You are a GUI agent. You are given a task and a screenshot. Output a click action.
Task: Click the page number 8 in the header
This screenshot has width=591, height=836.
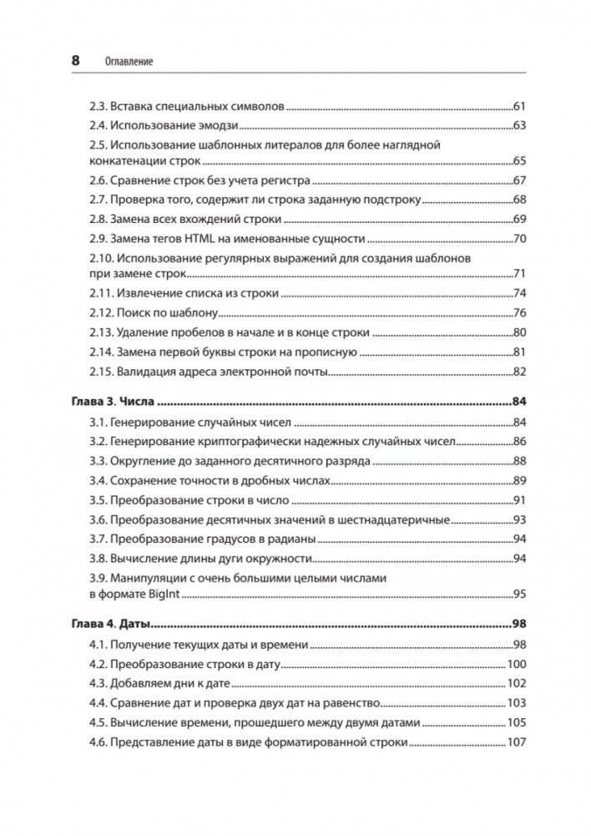click(x=75, y=60)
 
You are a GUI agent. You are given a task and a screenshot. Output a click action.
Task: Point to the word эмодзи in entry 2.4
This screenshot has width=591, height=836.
click(x=219, y=126)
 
